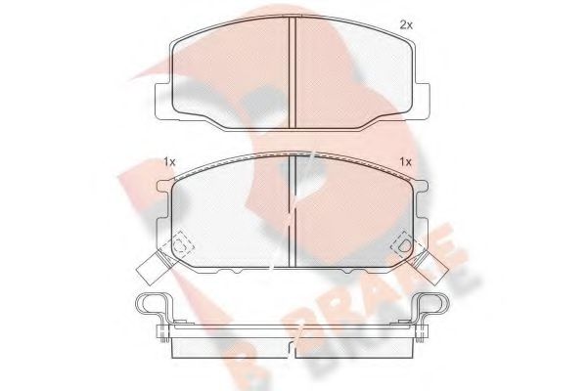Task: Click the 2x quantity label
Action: [x=405, y=23]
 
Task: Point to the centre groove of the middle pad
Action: [x=293, y=210]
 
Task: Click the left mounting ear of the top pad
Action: [x=163, y=98]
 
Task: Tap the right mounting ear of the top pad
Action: [x=424, y=98]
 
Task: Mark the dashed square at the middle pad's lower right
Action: [x=402, y=246]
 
